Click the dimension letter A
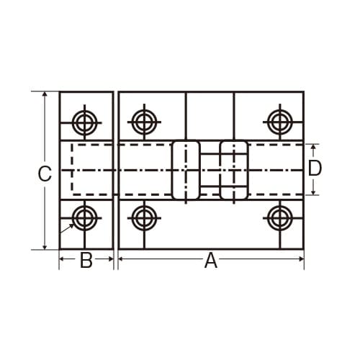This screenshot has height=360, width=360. click(x=210, y=261)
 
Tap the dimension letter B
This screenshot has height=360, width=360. click(x=86, y=261)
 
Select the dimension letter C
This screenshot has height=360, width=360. click(x=45, y=174)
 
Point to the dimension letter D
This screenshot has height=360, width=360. click(x=315, y=168)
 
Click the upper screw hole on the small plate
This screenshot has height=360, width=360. click(x=86, y=122)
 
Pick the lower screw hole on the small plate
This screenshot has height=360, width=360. click(x=86, y=216)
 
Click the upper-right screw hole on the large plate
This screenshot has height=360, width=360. click(x=279, y=122)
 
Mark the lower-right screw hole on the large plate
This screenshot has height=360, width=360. click(x=279, y=216)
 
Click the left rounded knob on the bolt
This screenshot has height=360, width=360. click(x=185, y=170)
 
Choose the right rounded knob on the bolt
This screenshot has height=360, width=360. click(x=234, y=170)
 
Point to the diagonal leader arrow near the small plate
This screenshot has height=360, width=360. click(x=67, y=229)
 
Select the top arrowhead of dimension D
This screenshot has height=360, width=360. click(x=315, y=147)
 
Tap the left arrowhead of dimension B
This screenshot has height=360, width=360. click(x=63, y=258)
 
